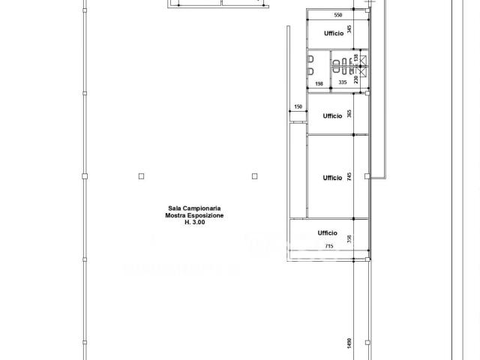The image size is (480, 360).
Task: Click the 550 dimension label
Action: tap(338, 15)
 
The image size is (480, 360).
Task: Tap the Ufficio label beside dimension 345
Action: tap(334, 33)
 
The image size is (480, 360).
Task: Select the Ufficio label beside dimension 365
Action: tap(332, 115)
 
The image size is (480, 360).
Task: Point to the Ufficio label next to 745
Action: tap(332, 178)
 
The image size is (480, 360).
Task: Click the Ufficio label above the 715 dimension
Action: tap(327, 232)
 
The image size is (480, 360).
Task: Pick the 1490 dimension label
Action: tap(349, 343)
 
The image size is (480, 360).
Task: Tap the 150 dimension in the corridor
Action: tap(298, 106)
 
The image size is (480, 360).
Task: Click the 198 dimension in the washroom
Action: tap(319, 83)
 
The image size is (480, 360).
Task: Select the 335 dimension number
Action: tap(343, 82)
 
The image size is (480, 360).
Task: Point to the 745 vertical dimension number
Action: tap(349, 176)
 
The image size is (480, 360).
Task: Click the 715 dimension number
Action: tap(329, 246)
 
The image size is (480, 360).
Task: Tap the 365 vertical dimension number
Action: tap(349, 114)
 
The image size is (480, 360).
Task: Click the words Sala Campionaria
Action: tap(194, 208)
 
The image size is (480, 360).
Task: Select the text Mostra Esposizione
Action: tap(194, 215)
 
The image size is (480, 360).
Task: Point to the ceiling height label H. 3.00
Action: tap(195, 222)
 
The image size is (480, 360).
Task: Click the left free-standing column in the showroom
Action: tap(141, 176)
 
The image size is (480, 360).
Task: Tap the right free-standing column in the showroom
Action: tap(254, 176)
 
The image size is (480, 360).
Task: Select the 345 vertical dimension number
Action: tap(349, 29)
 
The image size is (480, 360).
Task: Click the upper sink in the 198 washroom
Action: tap(311, 58)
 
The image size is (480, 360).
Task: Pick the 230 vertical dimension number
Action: tap(355, 79)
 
